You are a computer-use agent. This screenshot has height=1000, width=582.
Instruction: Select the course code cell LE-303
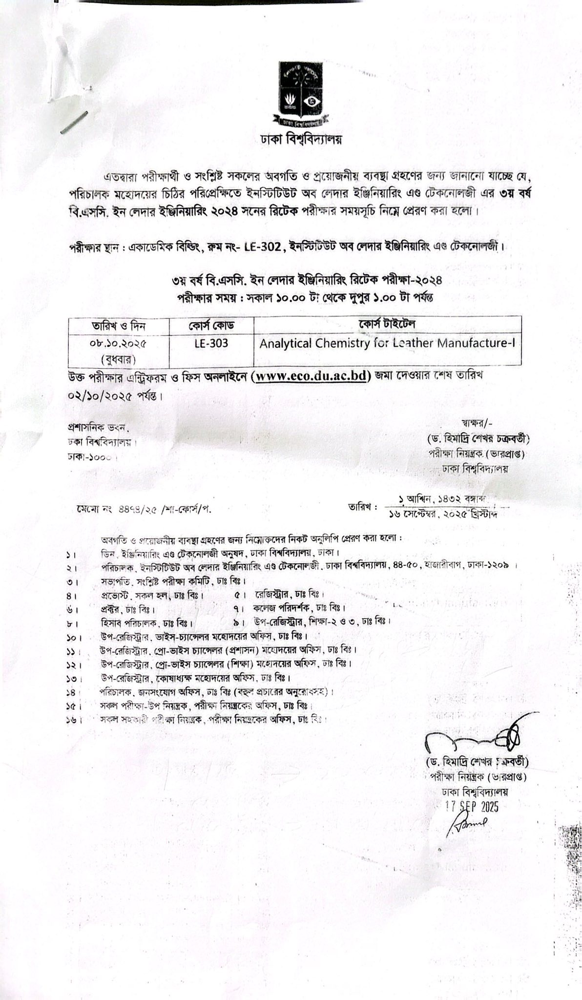[211, 343]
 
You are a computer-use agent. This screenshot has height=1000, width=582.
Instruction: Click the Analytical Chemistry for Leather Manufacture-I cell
[387, 343]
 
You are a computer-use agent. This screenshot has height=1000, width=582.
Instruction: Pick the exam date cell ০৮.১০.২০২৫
[119, 343]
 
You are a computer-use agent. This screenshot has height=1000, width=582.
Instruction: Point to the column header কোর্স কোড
[211, 325]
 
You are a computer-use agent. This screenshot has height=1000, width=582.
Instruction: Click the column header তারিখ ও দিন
[119, 326]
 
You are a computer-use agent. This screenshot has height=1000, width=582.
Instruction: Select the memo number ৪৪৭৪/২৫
[136, 509]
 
